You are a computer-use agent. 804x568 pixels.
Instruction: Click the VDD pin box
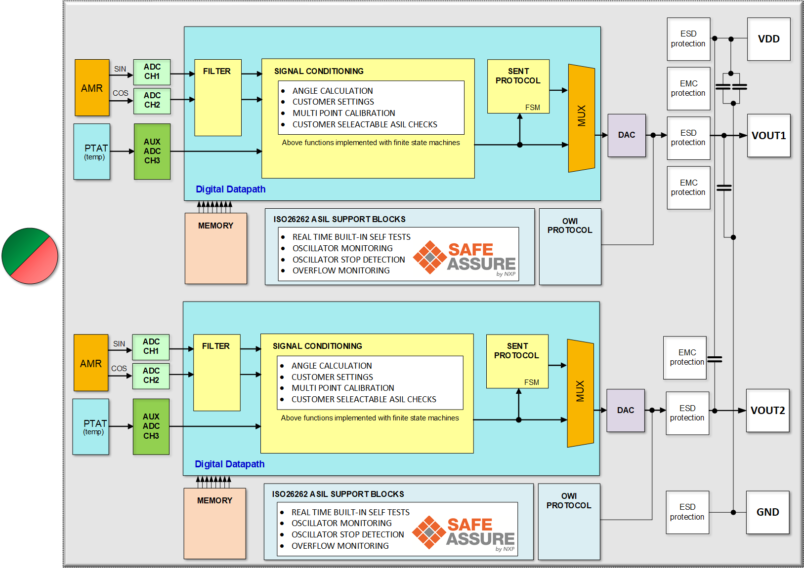click(768, 39)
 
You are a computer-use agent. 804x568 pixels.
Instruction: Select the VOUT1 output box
click(768, 136)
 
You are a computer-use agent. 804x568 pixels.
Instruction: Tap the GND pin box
click(767, 512)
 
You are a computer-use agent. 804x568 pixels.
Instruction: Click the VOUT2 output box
click(767, 411)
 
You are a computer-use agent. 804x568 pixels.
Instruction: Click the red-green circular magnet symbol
click(30, 256)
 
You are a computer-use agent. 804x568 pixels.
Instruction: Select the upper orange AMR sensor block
click(92, 88)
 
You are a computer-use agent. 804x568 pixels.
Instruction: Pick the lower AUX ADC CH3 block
click(151, 426)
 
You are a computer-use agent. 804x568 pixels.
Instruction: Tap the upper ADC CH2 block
click(152, 100)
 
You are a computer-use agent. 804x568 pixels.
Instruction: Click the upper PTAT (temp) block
click(92, 151)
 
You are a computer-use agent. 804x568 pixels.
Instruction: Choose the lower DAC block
click(625, 411)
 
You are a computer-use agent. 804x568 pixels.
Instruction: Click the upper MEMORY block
click(215, 248)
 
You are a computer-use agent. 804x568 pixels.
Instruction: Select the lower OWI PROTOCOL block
click(569, 521)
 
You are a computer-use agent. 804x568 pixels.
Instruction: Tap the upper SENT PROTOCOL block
click(518, 86)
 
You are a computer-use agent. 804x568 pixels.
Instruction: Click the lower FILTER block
click(216, 373)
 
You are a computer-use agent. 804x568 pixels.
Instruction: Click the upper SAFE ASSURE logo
click(465, 257)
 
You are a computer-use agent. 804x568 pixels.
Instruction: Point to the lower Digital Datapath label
click(229, 464)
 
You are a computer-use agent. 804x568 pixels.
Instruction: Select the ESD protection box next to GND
click(687, 512)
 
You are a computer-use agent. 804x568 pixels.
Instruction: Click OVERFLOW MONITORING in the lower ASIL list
click(340, 546)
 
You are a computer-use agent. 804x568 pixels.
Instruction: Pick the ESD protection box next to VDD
click(688, 39)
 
